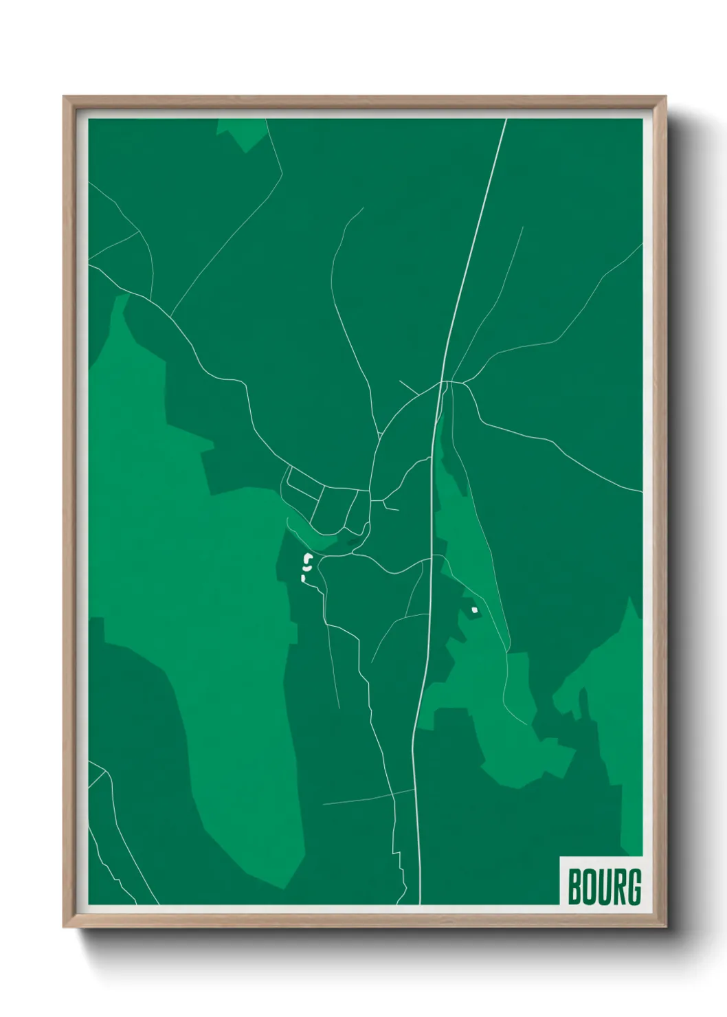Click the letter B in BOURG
(x=574, y=887)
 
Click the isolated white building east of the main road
(x=474, y=610)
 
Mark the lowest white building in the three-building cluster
(x=304, y=580)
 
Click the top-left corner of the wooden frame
(x=65, y=98)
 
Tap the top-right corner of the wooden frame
(x=665, y=98)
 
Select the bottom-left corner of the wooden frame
(x=65, y=926)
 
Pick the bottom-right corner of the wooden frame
(x=665, y=926)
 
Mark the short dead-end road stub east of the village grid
(x=391, y=508)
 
